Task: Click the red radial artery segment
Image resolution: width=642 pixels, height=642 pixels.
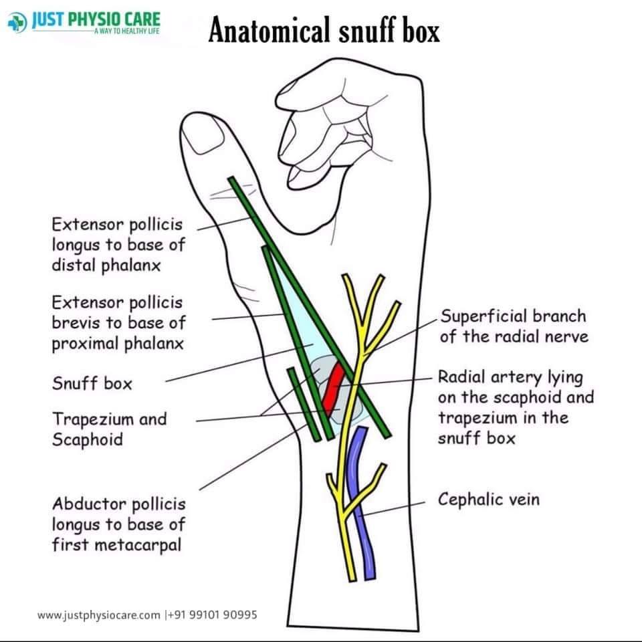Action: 332,389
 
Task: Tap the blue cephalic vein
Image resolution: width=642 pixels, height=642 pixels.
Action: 360,504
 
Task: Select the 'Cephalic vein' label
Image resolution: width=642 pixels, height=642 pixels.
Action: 488,500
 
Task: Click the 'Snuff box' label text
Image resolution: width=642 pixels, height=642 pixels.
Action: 92,384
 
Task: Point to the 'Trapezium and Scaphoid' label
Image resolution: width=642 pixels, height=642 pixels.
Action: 110,429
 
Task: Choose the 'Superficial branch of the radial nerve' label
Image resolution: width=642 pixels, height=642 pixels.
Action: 514,326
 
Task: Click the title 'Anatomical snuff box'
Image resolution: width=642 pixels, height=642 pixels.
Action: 324,30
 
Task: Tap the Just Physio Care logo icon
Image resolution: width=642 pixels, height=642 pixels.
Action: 17,23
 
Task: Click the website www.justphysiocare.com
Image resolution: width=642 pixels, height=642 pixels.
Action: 98,615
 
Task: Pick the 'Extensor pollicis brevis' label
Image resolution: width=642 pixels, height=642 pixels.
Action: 119,322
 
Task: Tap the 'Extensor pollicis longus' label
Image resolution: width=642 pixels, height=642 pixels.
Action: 119,245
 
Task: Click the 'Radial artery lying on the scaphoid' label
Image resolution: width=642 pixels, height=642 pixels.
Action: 516,407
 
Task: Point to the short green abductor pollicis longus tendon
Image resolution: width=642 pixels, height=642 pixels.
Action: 304,404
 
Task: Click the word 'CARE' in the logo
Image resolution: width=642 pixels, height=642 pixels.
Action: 142,19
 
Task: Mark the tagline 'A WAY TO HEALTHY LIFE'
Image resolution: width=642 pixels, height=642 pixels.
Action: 127,31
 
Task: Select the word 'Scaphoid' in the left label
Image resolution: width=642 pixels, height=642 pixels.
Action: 88,439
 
